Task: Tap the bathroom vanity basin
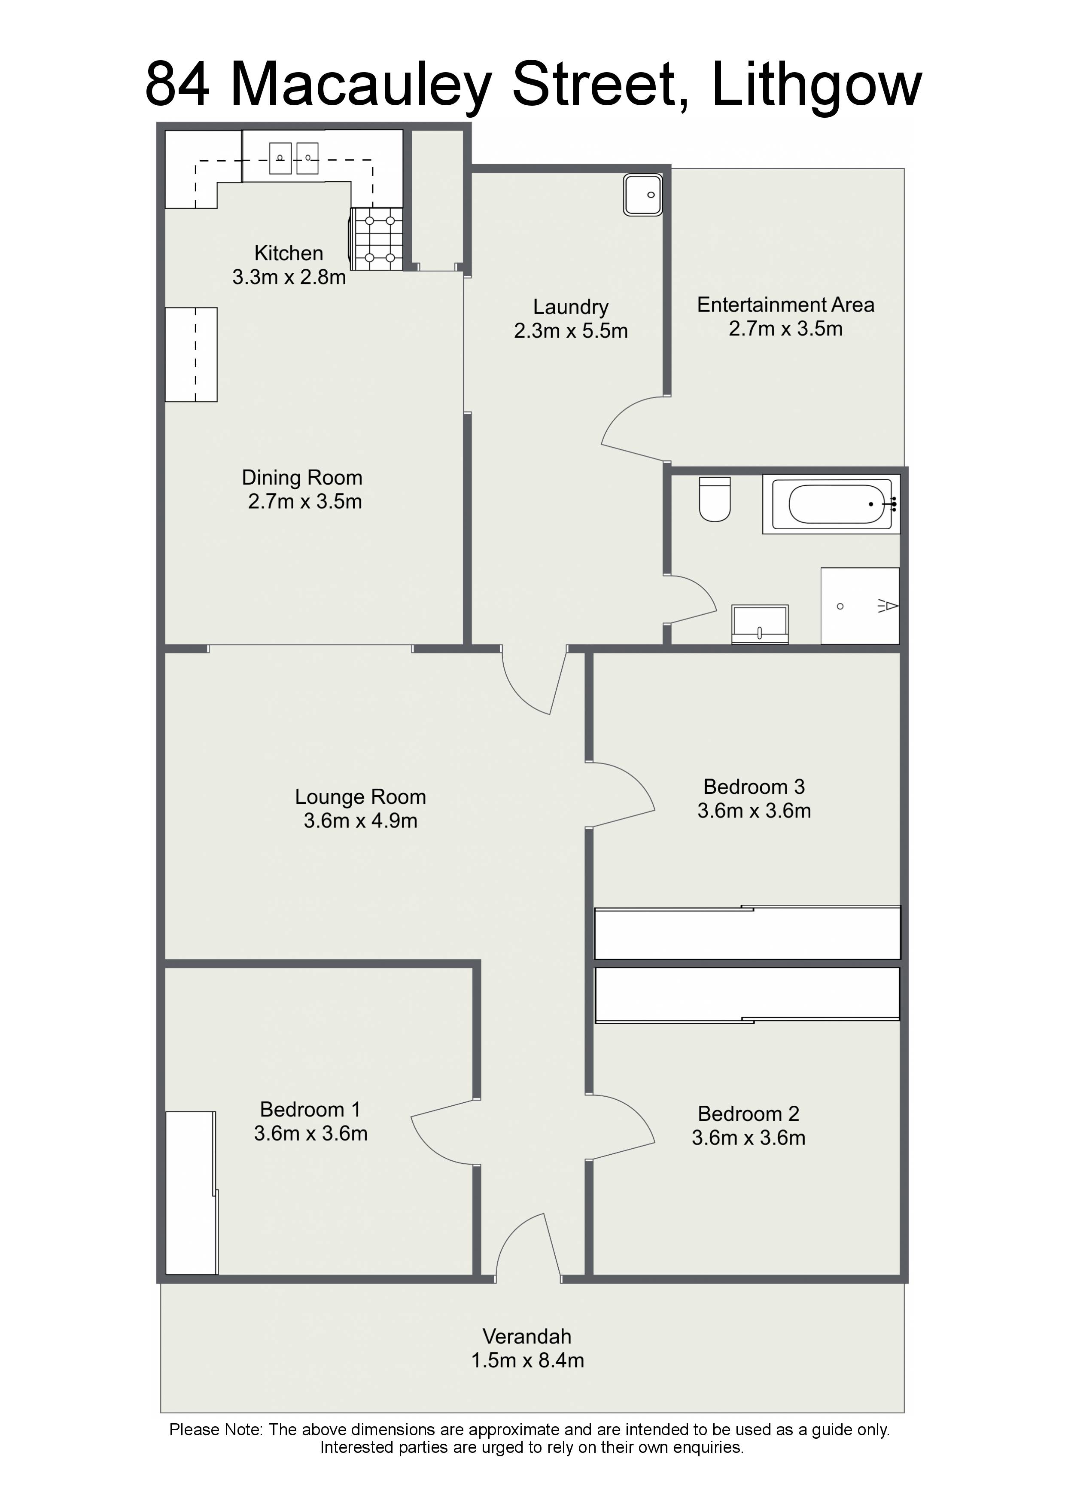(x=760, y=624)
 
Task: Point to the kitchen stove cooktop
(x=376, y=239)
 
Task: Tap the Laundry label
(x=571, y=307)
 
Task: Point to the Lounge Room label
(x=360, y=797)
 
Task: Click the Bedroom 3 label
(x=754, y=786)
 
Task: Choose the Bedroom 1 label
(x=310, y=1109)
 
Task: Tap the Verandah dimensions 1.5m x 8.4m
(x=528, y=1361)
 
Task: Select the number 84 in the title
(x=178, y=85)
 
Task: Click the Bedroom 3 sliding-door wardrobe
(x=747, y=932)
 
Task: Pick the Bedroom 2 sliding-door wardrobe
(x=747, y=995)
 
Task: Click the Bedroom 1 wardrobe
(x=191, y=1193)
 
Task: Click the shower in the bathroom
(x=860, y=606)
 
